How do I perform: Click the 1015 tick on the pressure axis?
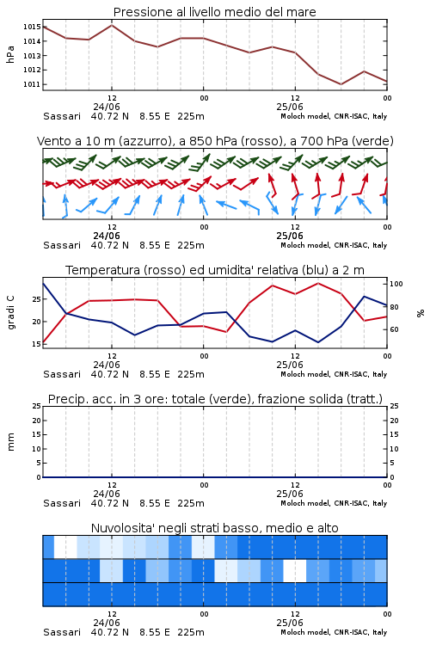tap(32, 27)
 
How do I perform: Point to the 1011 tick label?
tap(32, 84)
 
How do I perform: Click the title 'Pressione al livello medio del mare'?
tap(214, 12)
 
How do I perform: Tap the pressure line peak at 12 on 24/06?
tap(112, 25)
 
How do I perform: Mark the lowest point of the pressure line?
tap(341, 84)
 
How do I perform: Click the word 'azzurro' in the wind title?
tap(144, 142)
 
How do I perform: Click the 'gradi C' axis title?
tap(11, 313)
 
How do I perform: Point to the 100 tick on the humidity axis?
tap(396, 284)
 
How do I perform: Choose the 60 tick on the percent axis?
tap(394, 329)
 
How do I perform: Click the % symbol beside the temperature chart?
tap(421, 313)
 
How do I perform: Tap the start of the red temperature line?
tap(43, 342)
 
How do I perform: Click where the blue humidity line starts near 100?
tap(43, 283)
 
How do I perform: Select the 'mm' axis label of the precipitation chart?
tap(11, 442)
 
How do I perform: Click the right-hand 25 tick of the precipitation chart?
tap(394, 406)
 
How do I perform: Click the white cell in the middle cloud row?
tap(295, 570)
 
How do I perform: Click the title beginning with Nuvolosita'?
tap(214, 528)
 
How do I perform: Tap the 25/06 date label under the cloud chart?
tap(290, 623)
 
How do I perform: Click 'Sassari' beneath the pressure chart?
tap(62, 116)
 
